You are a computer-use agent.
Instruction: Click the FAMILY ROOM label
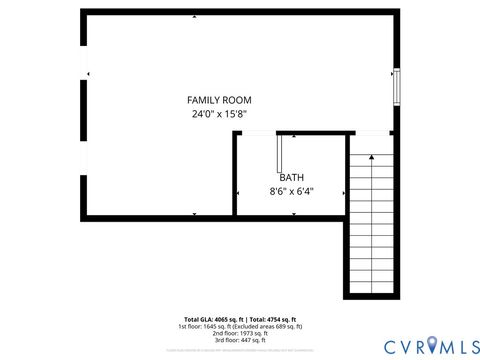(219, 100)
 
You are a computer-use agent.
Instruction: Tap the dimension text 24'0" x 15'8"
(219, 114)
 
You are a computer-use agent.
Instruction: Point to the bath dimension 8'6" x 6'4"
(291, 191)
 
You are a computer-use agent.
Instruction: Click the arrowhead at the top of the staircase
(371, 156)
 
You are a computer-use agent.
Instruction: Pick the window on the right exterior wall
(396, 87)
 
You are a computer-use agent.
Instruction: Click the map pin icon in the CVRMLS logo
(432, 345)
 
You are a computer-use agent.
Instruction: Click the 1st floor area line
(240, 326)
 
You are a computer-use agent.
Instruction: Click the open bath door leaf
(280, 152)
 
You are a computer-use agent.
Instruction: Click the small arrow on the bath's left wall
(237, 193)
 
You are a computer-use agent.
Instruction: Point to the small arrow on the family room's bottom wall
(194, 214)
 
